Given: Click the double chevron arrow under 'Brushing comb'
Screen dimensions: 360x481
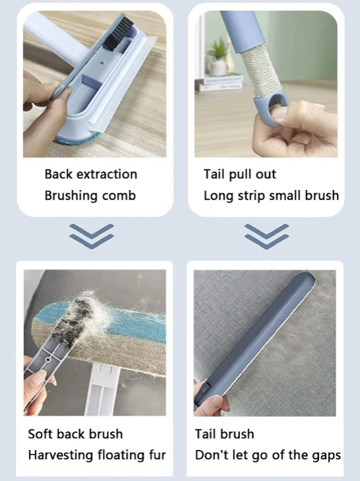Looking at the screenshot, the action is tap(92, 236).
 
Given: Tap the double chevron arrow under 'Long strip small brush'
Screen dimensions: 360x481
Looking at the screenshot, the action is tap(267, 236).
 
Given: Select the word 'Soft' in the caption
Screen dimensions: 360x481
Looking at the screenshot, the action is tap(40, 434).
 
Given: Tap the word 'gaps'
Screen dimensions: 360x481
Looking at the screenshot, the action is tap(326, 455).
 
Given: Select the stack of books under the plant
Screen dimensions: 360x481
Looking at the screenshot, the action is tap(220, 82).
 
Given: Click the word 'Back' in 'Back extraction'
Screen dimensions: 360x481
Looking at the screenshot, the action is tap(59, 174).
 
